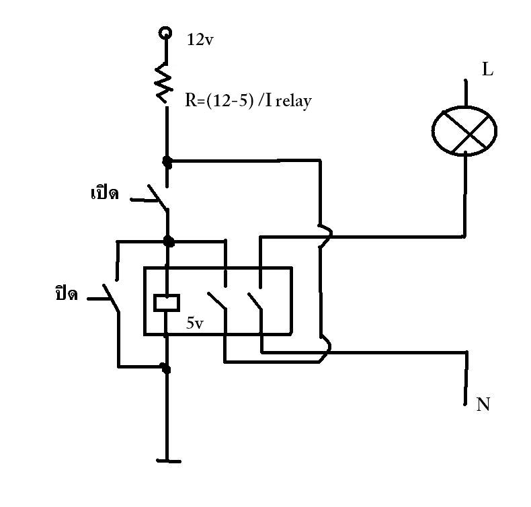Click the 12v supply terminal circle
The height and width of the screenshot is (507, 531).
click(165, 33)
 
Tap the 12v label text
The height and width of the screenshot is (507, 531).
click(200, 40)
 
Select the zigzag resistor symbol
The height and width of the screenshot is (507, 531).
click(164, 83)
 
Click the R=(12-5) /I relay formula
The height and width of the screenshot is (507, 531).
click(248, 101)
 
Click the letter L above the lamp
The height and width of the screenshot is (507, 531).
click(488, 69)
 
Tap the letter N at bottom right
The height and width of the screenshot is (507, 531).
click(483, 404)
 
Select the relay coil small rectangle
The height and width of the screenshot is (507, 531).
click(167, 303)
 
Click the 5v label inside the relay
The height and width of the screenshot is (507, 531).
click(195, 323)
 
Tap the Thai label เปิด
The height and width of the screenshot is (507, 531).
click(105, 193)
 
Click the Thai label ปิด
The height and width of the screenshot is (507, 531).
click(67, 293)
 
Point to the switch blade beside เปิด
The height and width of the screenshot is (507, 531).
click(157, 197)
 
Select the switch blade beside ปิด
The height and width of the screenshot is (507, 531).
click(111, 298)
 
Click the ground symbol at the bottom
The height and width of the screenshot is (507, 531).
click(169, 461)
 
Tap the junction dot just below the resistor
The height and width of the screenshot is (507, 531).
click(167, 161)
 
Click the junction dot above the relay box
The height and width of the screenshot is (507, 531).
click(168, 241)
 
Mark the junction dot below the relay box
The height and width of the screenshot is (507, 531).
click(165, 368)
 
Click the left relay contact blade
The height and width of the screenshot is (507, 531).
click(216, 301)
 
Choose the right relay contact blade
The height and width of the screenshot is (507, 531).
click(255, 301)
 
